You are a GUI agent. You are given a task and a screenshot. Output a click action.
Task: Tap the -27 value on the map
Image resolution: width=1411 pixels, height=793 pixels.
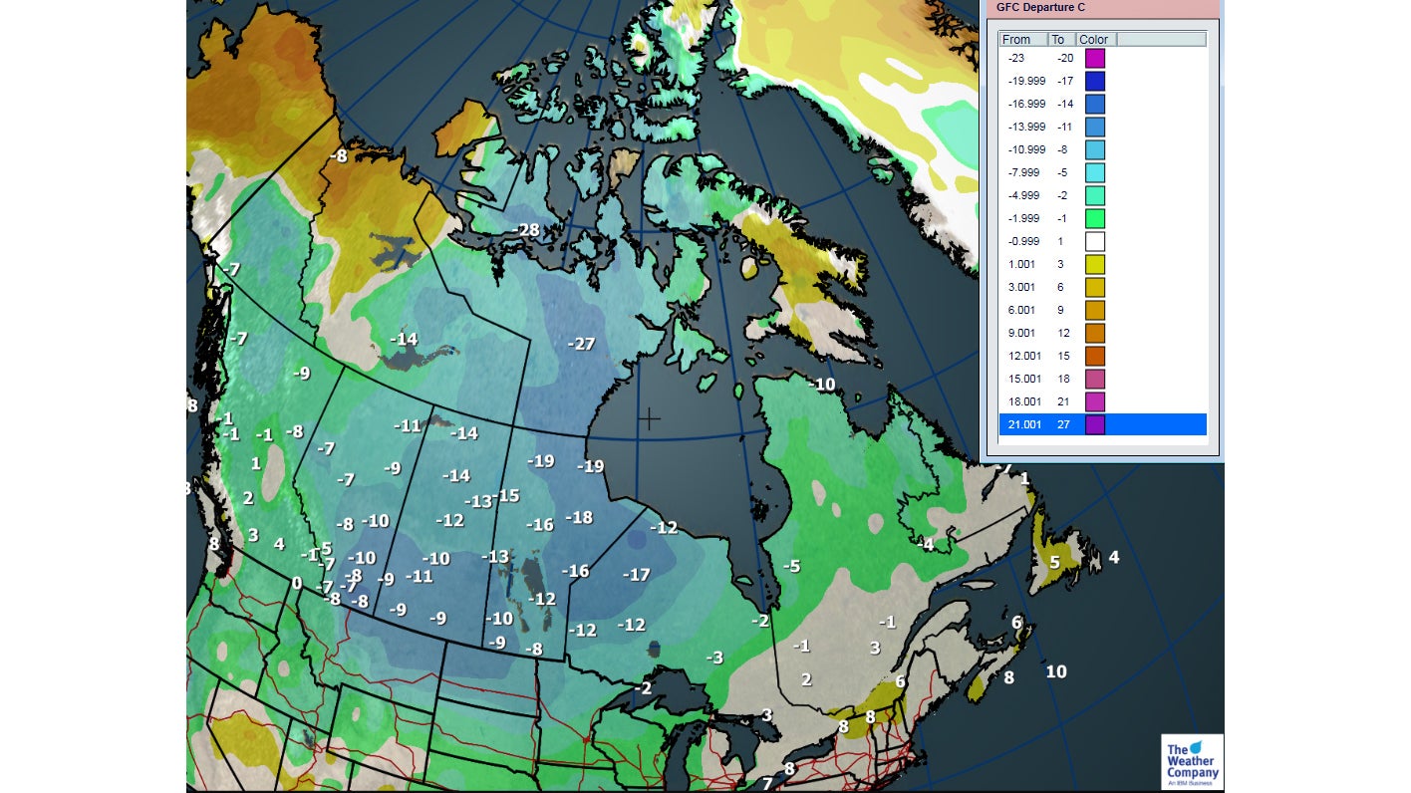click(581, 344)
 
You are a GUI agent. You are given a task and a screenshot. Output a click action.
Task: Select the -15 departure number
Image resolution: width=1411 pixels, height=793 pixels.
click(506, 495)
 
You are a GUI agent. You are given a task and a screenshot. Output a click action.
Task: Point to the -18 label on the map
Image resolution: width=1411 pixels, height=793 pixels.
click(578, 517)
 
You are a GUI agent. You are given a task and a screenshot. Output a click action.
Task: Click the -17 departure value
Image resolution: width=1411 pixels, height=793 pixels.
click(636, 574)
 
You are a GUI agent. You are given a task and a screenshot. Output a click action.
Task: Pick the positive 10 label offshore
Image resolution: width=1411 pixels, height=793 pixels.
click(1056, 671)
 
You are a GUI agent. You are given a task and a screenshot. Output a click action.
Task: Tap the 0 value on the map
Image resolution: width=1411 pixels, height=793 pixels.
click(296, 583)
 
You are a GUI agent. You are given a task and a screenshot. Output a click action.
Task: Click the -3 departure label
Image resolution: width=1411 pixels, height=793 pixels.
click(713, 658)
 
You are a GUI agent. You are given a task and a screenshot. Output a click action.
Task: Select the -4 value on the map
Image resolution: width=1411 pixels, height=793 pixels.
click(926, 544)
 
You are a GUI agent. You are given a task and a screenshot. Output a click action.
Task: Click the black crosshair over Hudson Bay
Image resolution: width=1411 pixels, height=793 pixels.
click(649, 418)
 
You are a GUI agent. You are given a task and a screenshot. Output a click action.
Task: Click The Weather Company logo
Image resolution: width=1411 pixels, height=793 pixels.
click(1192, 762)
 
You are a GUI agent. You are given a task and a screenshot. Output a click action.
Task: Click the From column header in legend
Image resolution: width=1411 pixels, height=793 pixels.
click(1017, 40)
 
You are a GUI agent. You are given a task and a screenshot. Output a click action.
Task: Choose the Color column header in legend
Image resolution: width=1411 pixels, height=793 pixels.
click(1093, 40)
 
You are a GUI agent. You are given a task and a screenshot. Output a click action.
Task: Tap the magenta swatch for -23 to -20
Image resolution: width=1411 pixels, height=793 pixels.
click(1094, 58)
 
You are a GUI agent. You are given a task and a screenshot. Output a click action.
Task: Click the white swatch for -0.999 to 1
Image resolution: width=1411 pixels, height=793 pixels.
click(1094, 241)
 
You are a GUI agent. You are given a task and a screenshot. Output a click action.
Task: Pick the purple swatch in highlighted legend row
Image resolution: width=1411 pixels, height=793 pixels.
click(1094, 424)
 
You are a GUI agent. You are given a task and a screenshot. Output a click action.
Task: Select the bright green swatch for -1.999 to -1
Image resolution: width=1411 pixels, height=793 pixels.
click(1094, 218)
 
